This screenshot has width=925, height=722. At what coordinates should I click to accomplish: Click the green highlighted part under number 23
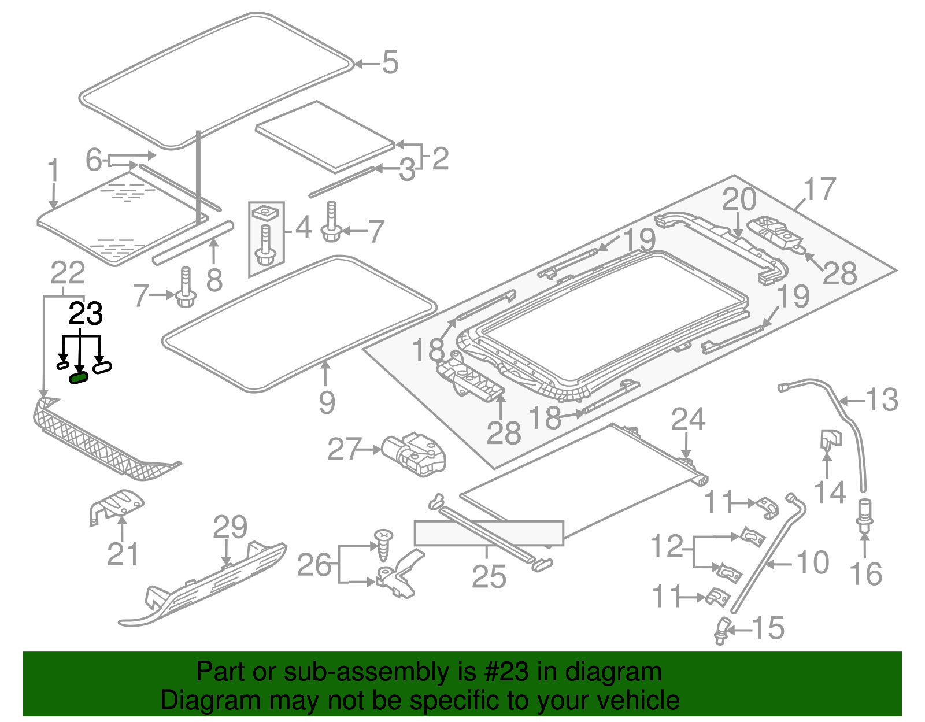pos(78,378)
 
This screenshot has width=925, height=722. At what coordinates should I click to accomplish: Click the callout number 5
pos(390,62)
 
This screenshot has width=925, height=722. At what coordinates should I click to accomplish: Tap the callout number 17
pos(819,190)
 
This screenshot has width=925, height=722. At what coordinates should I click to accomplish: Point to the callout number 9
pos(327,402)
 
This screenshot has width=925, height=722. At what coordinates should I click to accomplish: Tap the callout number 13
pos(882,400)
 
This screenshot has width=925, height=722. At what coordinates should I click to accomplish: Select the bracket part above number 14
pos(830,439)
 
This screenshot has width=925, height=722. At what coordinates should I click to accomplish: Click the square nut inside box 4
pos(266,213)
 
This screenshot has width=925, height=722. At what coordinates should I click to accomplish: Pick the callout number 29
pos(230,527)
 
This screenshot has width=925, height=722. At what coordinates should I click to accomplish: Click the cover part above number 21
pos(117,505)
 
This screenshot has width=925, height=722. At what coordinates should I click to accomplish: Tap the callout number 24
pos(688,420)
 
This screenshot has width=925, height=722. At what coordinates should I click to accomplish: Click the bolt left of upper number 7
pos(332,222)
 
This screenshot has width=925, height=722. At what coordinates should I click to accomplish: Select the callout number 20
pos(739,199)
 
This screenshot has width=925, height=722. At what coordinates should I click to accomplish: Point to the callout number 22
pos(68,273)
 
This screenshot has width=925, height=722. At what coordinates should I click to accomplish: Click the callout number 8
pos(214,280)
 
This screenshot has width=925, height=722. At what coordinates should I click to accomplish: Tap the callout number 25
pos(489,577)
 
